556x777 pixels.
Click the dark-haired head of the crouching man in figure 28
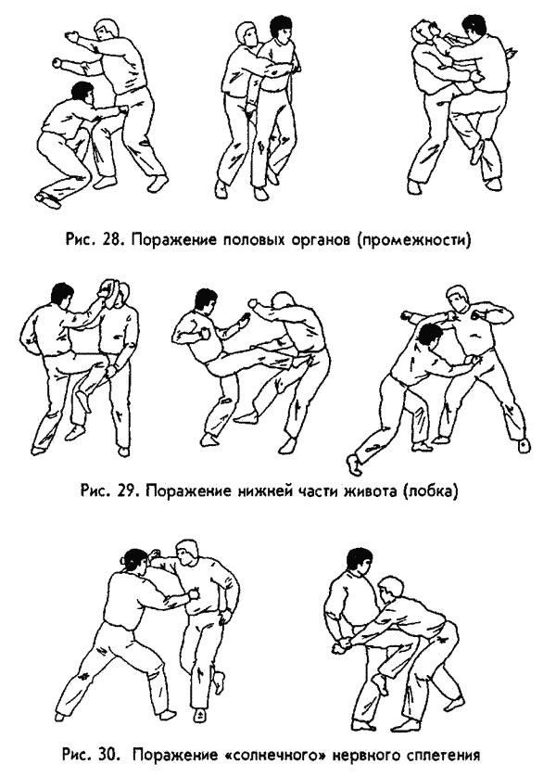(x=82, y=92)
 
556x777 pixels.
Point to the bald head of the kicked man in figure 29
(x=280, y=304)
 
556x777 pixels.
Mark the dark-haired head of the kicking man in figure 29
(x=205, y=299)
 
